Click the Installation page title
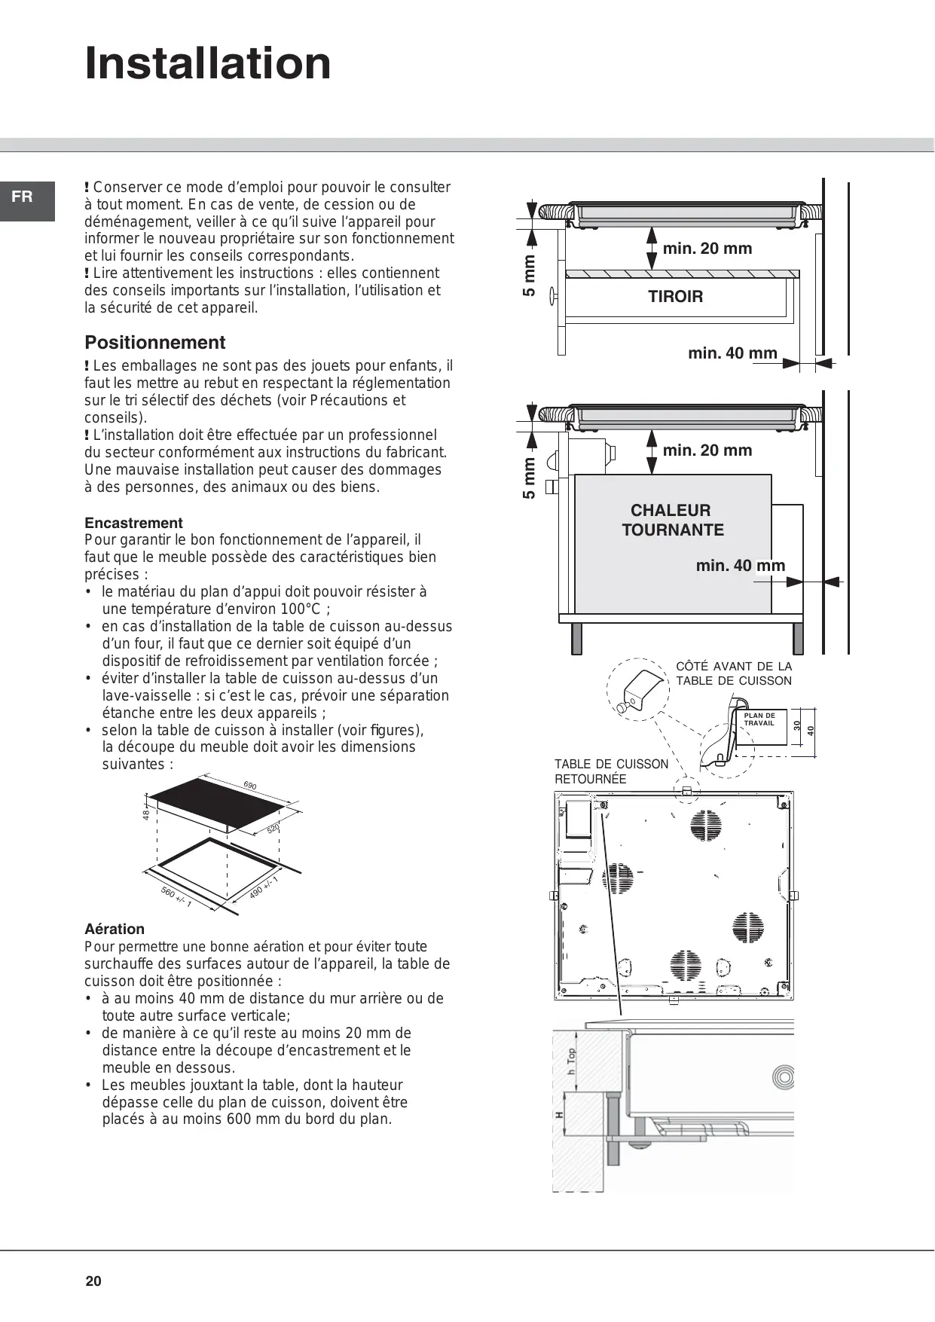208,63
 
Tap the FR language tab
23,197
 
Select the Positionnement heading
154,343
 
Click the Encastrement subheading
133,523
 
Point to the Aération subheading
115,929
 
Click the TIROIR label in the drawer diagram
675,297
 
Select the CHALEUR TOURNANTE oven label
672,520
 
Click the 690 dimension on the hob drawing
250,786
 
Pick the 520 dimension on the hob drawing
273,828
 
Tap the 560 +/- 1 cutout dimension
176,896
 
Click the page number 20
93,1281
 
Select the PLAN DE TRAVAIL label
759,719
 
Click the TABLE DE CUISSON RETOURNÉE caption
611,771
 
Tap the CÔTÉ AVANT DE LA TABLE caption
733,673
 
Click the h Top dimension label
571,1061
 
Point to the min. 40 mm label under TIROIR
732,353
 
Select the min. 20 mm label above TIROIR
707,249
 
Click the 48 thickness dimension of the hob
146,814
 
